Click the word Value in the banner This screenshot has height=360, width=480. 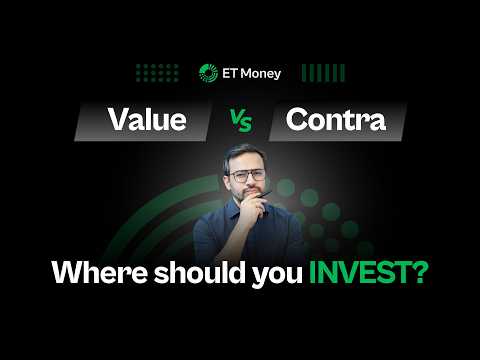coord(147,120)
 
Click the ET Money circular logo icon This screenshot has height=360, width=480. coord(208,72)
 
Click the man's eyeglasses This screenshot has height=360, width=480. coord(246,175)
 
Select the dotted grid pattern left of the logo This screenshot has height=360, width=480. coord(157,72)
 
